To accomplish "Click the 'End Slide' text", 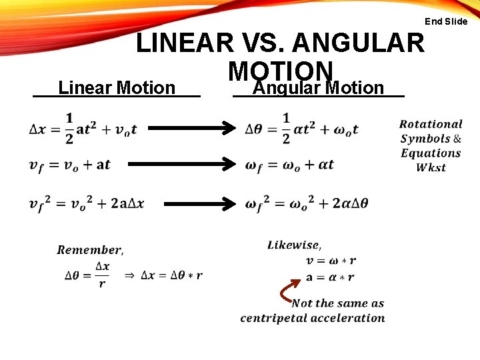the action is (446, 21).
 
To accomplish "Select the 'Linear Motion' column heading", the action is (117, 88).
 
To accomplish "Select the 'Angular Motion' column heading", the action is (319, 88).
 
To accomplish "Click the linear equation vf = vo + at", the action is (70, 165).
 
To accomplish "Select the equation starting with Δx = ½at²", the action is (83, 129).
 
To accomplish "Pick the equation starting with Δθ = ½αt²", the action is (301, 129).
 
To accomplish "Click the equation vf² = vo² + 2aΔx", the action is (87, 203).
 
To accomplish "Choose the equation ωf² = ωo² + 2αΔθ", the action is (307, 203).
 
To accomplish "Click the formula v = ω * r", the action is (331, 261).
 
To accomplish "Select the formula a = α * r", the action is (330, 277).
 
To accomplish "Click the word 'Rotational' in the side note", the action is (431, 124).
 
